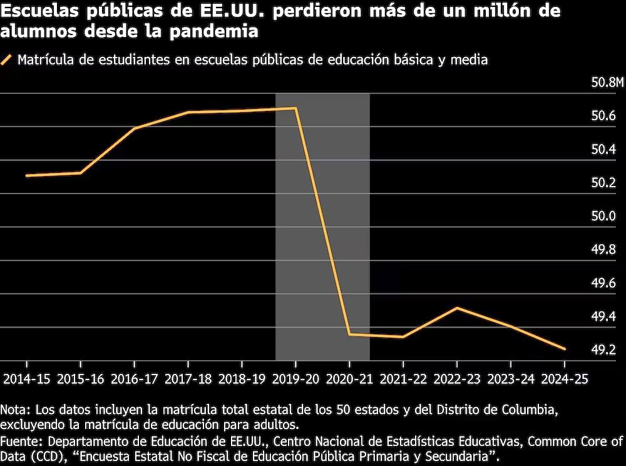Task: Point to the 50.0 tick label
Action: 603,216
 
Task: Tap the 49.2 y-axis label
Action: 603,349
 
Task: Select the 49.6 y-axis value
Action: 603,283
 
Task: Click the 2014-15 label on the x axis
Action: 27,379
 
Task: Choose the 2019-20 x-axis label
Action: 295,379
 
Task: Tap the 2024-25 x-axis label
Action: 565,379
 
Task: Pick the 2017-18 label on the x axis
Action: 188,379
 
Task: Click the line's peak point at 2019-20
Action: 295,108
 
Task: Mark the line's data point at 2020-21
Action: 349,334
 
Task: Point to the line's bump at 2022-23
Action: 457,308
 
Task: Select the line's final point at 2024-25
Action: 565,349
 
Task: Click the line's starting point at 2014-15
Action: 27,175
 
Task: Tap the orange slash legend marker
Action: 6,60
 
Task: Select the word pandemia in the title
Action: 214,31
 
